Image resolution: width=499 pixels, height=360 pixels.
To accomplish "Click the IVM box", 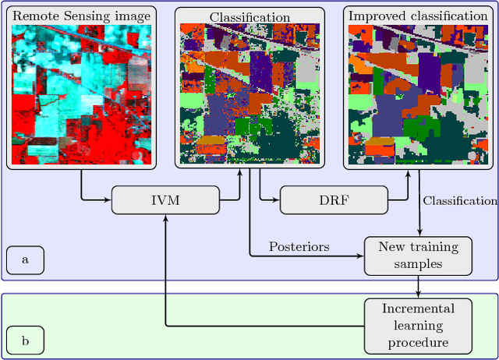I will click(x=165, y=200).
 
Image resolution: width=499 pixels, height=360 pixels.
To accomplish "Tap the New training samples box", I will click(x=419, y=256).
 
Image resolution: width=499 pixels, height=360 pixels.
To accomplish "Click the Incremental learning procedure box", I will click(x=419, y=326).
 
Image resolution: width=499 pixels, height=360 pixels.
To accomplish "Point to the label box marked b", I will click(x=25, y=340).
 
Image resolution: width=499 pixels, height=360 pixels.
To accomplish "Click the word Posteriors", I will click(x=299, y=246).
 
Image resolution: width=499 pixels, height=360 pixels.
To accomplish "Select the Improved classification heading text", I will click(x=417, y=16).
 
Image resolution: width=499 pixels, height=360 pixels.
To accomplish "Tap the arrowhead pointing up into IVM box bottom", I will click(x=166, y=217).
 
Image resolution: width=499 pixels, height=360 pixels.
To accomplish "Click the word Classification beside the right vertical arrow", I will click(x=460, y=201).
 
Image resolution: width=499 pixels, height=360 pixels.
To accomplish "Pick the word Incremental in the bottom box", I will click(x=418, y=309).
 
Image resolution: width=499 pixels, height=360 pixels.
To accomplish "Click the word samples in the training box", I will click(x=419, y=264).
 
